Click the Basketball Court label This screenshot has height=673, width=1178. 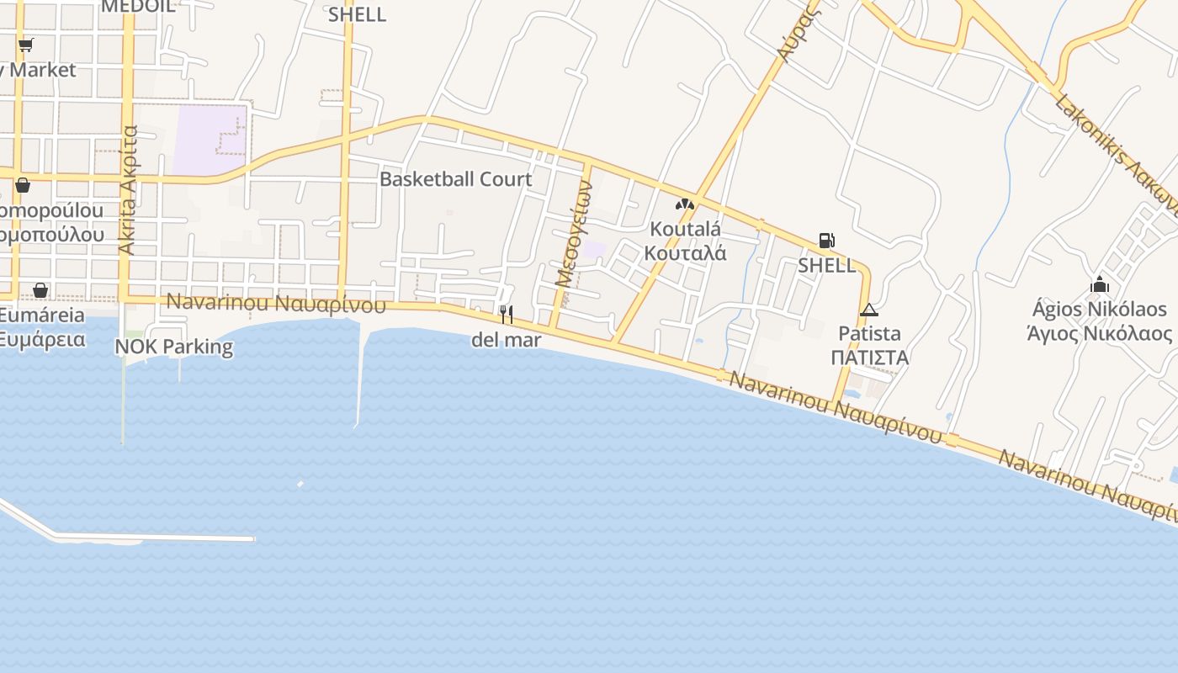(x=455, y=179)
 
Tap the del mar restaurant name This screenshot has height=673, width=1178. (x=506, y=340)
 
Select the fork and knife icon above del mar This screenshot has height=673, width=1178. (x=506, y=315)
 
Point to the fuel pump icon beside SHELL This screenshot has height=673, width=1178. (x=826, y=241)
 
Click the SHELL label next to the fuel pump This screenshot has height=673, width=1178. (x=826, y=266)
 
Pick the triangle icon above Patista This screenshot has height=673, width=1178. (x=869, y=310)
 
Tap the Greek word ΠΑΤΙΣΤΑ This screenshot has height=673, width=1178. (x=869, y=358)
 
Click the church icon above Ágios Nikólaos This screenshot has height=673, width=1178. (x=1100, y=284)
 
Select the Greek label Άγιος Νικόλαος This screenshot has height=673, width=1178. (x=1100, y=333)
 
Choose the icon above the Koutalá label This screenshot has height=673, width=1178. (x=684, y=204)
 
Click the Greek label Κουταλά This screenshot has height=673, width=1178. (x=685, y=253)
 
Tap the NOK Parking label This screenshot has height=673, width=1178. (x=173, y=347)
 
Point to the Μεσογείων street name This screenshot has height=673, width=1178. (x=573, y=235)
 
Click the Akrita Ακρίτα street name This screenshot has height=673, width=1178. (x=129, y=189)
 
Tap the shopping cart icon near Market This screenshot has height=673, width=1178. (x=25, y=45)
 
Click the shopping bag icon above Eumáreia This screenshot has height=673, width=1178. (x=40, y=290)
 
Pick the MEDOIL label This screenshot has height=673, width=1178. (x=138, y=6)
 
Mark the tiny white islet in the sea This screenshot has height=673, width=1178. (x=300, y=484)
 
